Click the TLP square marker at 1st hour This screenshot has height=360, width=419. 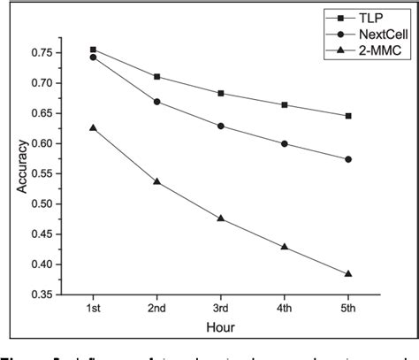pyautogui.click(x=94, y=50)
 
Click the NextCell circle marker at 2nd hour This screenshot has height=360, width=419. pyautogui.click(x=157, y=102)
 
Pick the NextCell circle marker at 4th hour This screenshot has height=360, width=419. pyautogui.click(x=285, y=143)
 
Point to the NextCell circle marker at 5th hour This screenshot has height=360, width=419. pyautogui.click(x=348, y=159)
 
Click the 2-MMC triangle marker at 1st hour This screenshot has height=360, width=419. pyautogui.click(x=94, y=127)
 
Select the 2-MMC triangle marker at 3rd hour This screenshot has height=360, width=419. pyautogui.click(x=221, y=218)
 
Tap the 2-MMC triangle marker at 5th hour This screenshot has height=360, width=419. pyautogui.click(x=348, y=273)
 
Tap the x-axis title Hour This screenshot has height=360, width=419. pyautogui.click(x=221, y=326)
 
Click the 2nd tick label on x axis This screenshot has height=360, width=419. pyautogui.click(x=157, y=308)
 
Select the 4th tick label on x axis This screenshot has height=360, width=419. pyautogui.click(x=285, y=308)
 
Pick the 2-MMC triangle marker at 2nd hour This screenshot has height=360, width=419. pyautogui.click(x=157, y=181)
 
